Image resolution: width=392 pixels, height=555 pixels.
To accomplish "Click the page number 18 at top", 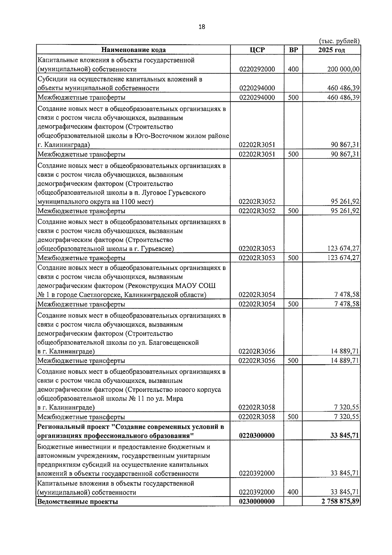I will (202, 27).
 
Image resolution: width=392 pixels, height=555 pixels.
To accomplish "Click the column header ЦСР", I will (257, 50).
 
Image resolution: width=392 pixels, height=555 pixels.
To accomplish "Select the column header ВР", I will (293, 50).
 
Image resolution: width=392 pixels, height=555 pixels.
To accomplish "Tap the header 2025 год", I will (332, 50).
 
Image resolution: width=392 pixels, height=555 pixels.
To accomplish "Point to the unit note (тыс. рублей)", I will (339, 41).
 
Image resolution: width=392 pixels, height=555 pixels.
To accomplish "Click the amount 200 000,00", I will (343, 69).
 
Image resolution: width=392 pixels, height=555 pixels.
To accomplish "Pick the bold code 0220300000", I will (257, 436).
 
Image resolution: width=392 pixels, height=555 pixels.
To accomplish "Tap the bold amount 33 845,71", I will (344, 436).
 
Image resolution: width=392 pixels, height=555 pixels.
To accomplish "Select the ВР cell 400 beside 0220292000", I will (293, 69).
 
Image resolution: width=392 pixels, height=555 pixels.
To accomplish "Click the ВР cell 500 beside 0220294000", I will (293, 97).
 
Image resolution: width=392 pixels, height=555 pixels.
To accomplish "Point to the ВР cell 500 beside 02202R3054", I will (293, 304).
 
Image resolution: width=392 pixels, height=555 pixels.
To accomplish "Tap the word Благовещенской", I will (173, 343).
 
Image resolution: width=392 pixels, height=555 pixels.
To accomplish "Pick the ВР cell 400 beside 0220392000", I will (293, 492).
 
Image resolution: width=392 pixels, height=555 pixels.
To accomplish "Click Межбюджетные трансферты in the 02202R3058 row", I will (81, 417).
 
